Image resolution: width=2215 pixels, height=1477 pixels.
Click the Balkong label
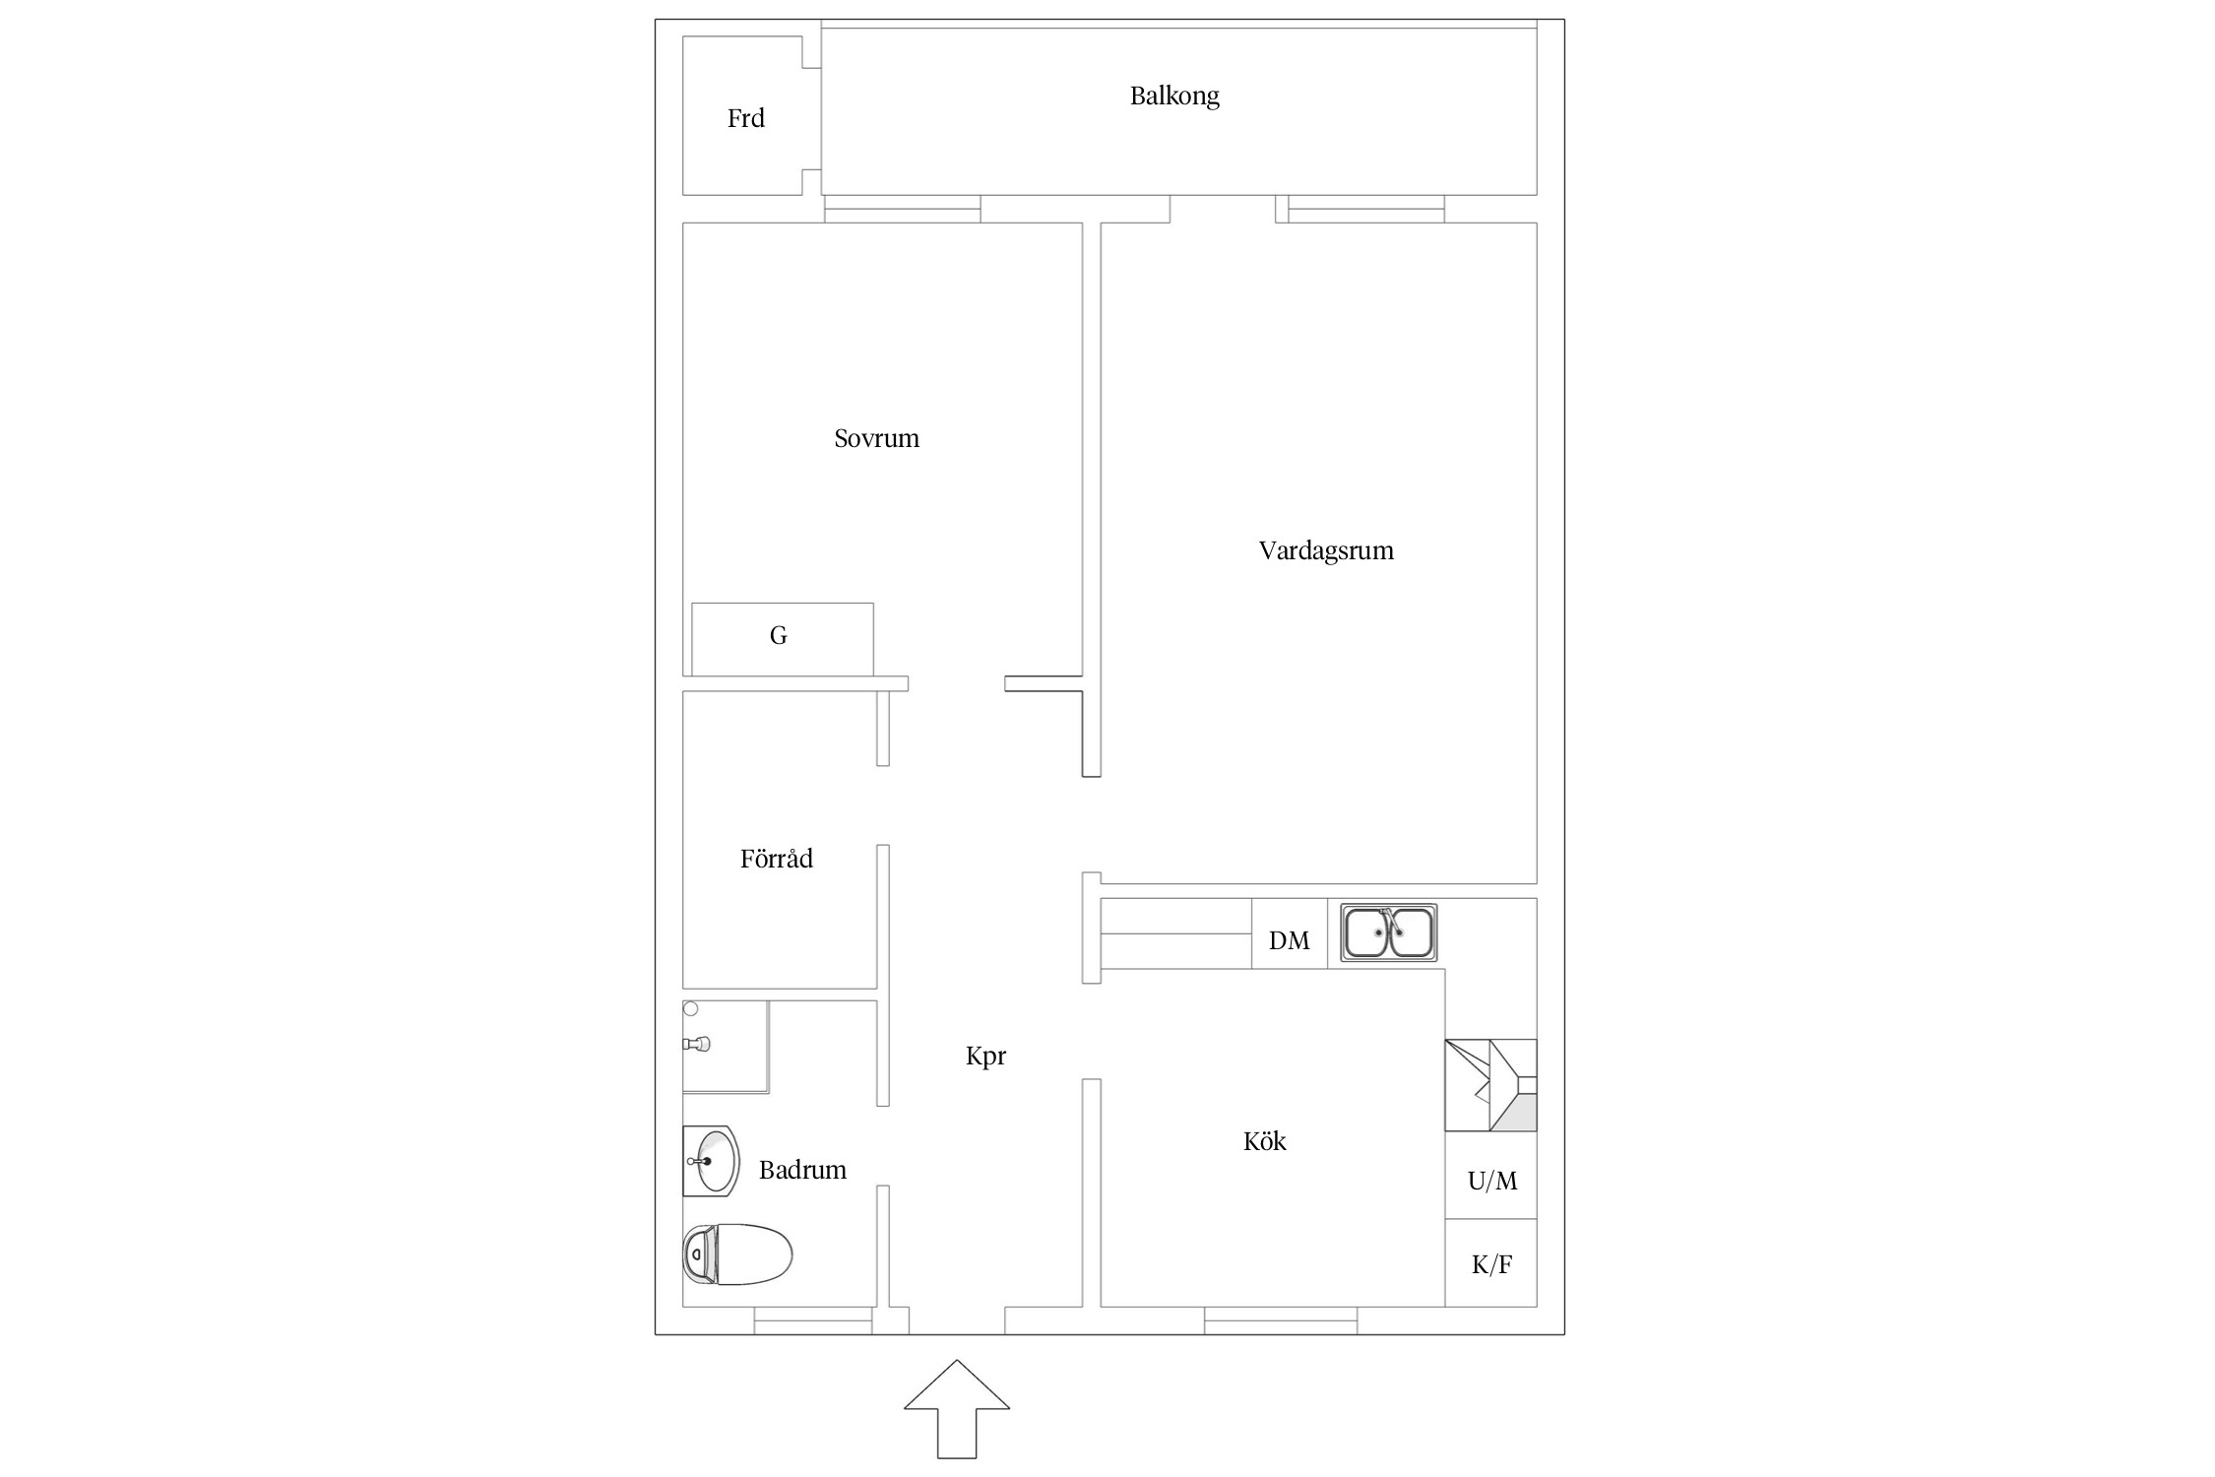click(1174, 96)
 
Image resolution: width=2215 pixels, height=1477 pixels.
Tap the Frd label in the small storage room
click(745, 118)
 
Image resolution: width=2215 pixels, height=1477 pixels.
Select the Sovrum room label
click(876, 438)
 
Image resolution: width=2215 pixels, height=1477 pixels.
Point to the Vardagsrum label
click(1326, 550)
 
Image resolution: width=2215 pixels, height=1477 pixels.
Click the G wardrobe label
click(778, 636)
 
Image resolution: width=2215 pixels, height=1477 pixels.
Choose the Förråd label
click(776, 858)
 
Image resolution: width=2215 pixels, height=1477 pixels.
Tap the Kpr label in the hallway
click(985, 1057)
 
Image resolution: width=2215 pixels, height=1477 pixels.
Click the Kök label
click(1264, 1141)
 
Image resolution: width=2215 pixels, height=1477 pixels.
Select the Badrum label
click(802, 1170)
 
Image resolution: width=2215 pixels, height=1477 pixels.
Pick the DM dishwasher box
click(1290, 933)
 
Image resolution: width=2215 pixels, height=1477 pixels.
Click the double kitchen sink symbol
click(1388, 932)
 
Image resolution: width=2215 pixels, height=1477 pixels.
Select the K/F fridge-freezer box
click(1491, 1263)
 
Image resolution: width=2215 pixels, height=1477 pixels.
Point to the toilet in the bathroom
click(737, 1254)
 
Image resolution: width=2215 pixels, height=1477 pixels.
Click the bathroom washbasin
click(711, 1161)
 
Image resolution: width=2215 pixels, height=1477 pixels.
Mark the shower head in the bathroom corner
click(697, 1044)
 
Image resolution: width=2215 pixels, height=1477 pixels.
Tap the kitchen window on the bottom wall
click(1281, 1321)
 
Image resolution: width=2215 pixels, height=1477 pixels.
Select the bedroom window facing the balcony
click(902, 209)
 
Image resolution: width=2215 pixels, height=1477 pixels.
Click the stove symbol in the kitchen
click(1490, 1085)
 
